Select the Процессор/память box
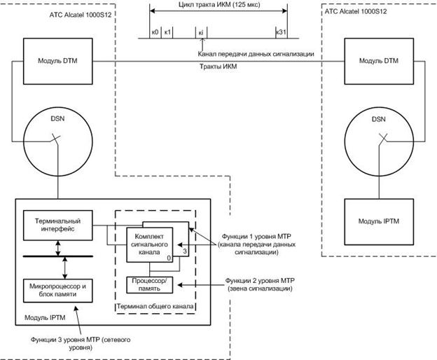[x=151, y=284]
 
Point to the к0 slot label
[x=155, y=33]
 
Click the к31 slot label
[x=281, y=33]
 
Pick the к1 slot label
[x=167, y=33]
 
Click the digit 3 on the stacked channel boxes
[x=184, y=250]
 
